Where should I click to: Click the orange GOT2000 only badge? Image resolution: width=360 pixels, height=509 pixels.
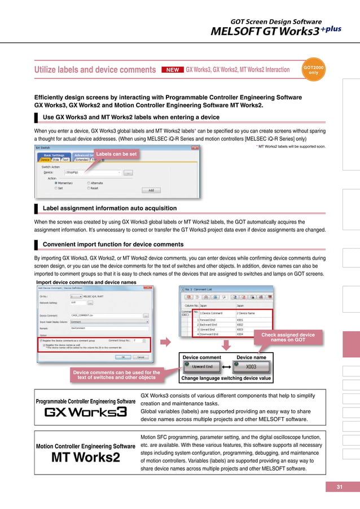(x=314, y=71)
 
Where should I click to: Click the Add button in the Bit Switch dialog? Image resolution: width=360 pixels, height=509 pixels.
(x=151, y=190)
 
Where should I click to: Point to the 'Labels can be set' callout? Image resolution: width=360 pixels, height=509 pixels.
(x=116, y=153)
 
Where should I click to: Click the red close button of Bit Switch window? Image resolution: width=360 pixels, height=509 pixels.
(x=194, y=148)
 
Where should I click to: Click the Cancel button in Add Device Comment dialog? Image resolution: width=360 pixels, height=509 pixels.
(x=140, y=357)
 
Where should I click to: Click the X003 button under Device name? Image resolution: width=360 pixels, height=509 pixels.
(x=252, y=367)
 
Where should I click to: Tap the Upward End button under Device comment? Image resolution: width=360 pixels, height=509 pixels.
(x=201, y=367)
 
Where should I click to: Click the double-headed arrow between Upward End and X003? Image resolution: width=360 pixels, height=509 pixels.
(x=227, y=367)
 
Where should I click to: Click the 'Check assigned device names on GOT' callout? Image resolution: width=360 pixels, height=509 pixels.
(x=288, y=337)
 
